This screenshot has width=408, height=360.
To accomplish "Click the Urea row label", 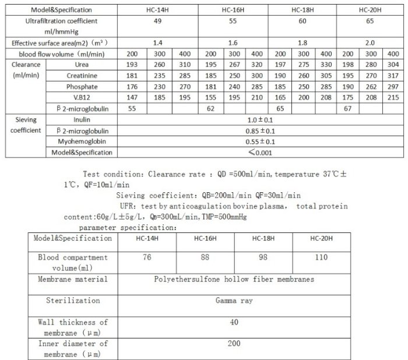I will coord(82,64).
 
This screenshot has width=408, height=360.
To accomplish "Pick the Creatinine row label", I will coord(82,75).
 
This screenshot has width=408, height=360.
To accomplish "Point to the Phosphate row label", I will coord(82,86).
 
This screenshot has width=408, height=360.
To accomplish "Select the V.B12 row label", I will coord(82,97).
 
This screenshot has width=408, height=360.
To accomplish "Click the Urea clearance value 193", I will coord(131,64).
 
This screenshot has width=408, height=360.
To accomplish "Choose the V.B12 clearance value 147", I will coord(131,97).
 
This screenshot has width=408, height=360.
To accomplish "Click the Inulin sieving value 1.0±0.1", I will coord(260,119).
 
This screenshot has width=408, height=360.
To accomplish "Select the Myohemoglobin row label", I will coord(82,142).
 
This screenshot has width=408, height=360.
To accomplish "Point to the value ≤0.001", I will coord(260,153).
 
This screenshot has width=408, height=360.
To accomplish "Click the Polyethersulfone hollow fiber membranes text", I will coord(233,279).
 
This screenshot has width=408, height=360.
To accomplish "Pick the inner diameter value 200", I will coord(233,344).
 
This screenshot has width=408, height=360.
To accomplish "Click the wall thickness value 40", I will coord(233,323).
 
